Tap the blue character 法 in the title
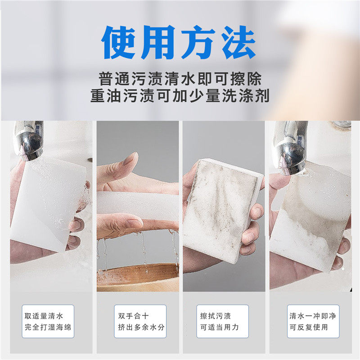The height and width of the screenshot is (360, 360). point(238,42)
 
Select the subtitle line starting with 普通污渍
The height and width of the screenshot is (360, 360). point(180,79)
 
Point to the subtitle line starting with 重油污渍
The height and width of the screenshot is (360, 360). point(180,95)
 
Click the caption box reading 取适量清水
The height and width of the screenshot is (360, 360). point(48,321)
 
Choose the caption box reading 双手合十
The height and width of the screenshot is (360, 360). point(140,321)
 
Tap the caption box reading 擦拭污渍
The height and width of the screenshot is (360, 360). point(222,321)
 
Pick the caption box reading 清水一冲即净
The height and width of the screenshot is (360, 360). point(313,321)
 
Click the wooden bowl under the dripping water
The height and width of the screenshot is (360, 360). point(138,277)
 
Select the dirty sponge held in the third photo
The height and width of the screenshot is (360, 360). point(223,211)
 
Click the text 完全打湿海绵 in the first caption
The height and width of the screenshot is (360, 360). point(48,327)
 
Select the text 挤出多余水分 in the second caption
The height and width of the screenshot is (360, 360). point(141,327)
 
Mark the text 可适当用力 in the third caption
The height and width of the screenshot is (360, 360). point(220,327)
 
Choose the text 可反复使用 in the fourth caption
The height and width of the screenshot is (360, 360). point(309,327)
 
